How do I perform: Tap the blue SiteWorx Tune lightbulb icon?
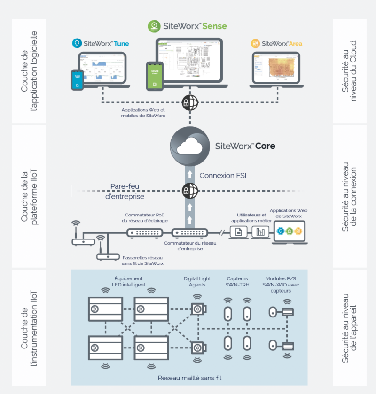click(76, 44)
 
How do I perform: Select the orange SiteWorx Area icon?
click(255, 44)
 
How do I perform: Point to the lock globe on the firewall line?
click(190, 191)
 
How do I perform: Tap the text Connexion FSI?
click(223, 176)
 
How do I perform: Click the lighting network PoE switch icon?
click(145, 232)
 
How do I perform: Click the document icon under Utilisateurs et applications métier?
click(238, 232)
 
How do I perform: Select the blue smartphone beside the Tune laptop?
click(77, 80)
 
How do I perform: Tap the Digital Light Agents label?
click(197, 281)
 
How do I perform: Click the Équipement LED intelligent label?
click(128, 281)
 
